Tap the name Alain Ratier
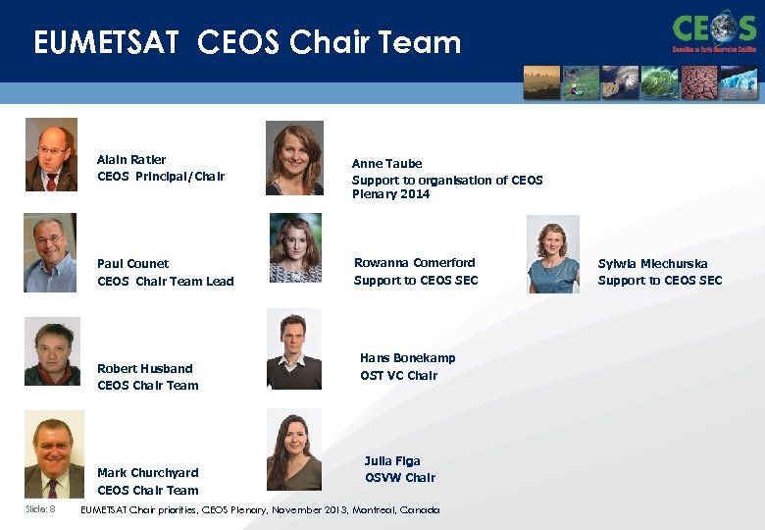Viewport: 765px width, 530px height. pyautogui.click(x=131, y=160)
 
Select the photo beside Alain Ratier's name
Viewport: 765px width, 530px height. pyautogui.click(x=51, y=155)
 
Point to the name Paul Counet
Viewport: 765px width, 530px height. pyautogui.click(x=132, y=264)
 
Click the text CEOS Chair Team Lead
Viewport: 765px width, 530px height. pyautogui.click(x=165, y=282)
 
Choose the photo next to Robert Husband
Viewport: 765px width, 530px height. pyautogui.click(x=53, y=351)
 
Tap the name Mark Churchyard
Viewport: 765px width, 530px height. pyautogui.click(x=147, y=473)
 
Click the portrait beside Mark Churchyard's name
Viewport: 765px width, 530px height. pyautogui.click(x=54, y=454)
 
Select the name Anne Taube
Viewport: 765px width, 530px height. pyautogui.click(x=386, y=164)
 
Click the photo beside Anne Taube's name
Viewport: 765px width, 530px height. pyautogui.click(x=294, y=158)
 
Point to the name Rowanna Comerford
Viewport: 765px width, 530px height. pyautogui.click(x=414, y=263)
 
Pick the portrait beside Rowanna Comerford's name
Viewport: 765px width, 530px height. pyautogui.click(x=295, y=248)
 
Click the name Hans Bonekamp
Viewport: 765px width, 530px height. pyautogui.click(x=407, y=358)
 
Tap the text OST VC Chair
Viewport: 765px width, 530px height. pyautogui.click(x=398, y=376)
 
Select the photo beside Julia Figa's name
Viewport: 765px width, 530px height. pyautogui.click(x=294, y=450)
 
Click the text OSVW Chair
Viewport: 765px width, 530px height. pyautogui.click(x=400, y=478)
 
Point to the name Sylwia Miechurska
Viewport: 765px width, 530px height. pyautogui.click(x=652, y=264)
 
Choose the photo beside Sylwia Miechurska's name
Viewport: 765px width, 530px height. pyautogui.click(x=553, y=254)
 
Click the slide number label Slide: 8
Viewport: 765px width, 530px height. pyautogui.click(x=40, y=509)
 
